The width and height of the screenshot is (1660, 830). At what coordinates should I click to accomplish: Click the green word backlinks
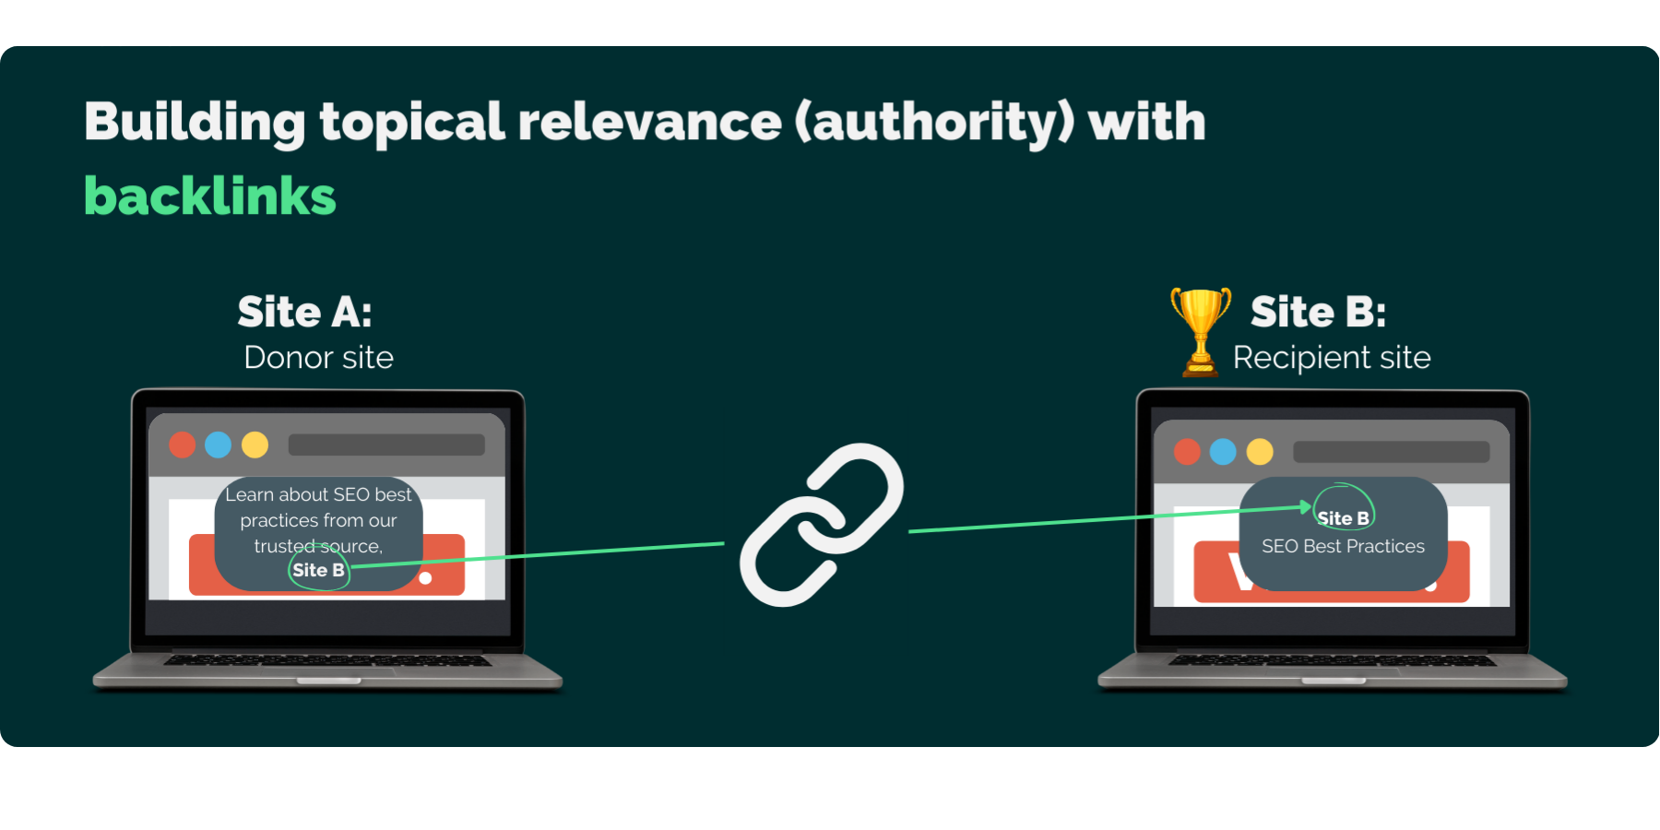(210, 196)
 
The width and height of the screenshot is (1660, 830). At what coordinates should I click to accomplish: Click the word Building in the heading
(194, 122)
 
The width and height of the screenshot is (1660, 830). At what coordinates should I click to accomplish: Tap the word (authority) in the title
(934, 122)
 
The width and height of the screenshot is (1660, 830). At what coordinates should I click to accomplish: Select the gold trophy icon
(1200, 330)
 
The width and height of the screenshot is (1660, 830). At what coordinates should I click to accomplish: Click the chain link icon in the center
(821, 525)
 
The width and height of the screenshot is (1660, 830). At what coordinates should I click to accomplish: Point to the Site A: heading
(304, 312)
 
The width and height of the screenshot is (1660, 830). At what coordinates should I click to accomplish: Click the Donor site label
(318, 358)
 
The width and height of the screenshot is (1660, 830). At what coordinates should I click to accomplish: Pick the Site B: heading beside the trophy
(1318, 312)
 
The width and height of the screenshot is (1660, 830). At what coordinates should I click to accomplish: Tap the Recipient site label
(1331, 358)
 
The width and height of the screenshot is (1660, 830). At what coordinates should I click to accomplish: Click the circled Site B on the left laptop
(318, 570)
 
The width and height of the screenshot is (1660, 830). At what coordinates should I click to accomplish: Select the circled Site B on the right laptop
(1343, 518)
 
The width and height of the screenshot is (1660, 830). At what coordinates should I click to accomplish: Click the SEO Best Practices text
(1343, 546)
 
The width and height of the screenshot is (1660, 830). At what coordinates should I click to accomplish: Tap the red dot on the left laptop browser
(183, 445)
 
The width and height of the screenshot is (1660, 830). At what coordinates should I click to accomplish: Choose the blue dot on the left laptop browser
(219, 445)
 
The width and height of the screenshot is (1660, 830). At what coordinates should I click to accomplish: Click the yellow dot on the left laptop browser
(255, 445)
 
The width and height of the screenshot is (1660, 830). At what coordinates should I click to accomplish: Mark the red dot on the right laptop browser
(1187, 452)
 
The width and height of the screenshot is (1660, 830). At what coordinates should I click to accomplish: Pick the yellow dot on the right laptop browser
(1260, 452)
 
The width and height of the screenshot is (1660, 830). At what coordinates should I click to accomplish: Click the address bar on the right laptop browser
(1391, 452)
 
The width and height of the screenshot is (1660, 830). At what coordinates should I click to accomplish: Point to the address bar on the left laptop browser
(386, 445)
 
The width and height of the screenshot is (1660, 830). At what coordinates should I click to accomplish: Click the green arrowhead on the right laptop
(1306, 506)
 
